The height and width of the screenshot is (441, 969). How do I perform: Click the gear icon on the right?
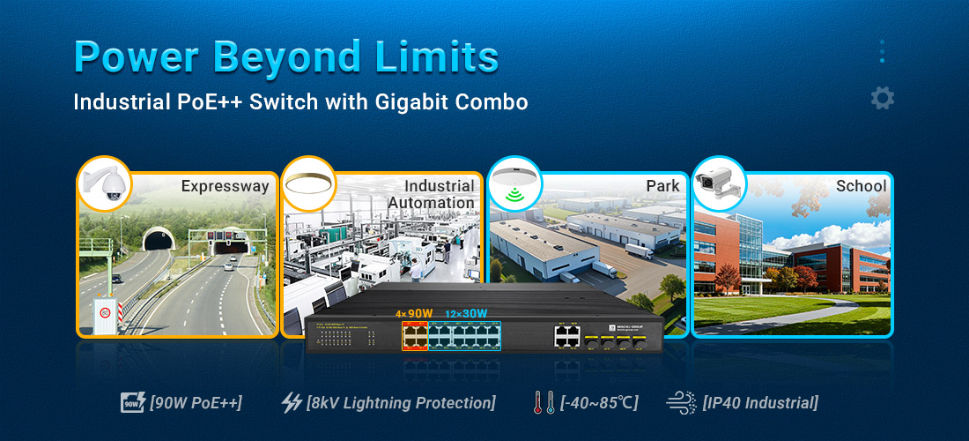(x=882, y=98)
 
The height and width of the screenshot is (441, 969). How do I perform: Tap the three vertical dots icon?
(x=882, y=51)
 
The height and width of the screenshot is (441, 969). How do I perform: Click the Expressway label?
(x=225, y=186)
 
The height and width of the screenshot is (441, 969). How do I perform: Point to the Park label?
(x=662, y=186)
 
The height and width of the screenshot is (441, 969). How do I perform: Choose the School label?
(x=861, y=186)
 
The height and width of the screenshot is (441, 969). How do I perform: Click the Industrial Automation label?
(x=432, y=194)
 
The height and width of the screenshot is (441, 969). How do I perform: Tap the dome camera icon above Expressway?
(x=104, y=183)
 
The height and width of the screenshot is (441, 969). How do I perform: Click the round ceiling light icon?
(x=308, y=183)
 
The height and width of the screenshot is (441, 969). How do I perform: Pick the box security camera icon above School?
(x=719, y=183)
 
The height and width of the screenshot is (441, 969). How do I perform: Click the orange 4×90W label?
(x=414, y=313)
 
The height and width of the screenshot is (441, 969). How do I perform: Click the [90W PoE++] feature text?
(x=196, y=403)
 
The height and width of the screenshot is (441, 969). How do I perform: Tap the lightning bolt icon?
(x=291, y=403)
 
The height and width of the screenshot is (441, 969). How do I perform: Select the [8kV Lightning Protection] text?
(x=401, y=403)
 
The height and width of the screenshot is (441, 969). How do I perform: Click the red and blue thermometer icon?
(x=543, y=403)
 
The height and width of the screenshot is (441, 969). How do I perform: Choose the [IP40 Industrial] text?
(x=760, y=403)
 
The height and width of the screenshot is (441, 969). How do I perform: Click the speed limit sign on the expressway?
(x=106, y=311)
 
